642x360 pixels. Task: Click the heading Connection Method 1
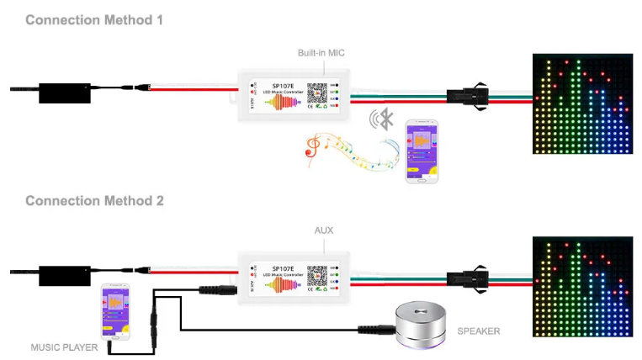(x=94, y=19)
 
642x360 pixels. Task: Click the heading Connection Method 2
(x=94, y=201)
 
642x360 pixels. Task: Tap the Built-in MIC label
(x=321, y=53)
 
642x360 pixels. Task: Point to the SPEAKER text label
(x=478, y=331)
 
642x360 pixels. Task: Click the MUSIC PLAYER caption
(x=64, y=347)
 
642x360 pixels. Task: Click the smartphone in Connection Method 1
(x=422, y=151)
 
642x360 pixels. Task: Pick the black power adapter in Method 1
(x=63, y=90)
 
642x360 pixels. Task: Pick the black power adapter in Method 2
(x=63, y=274)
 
